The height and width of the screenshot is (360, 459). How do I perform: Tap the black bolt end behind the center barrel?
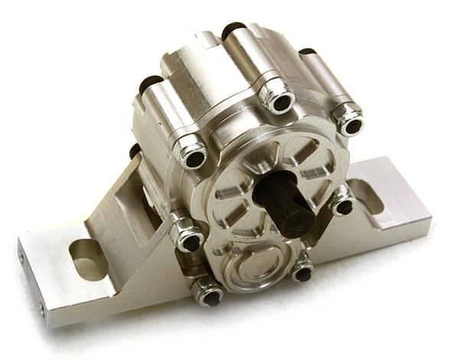coord(229,32)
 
